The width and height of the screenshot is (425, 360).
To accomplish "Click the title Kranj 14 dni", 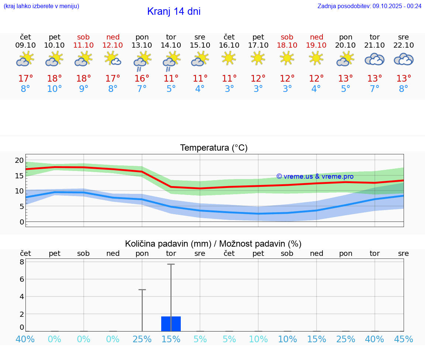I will pos(173,11).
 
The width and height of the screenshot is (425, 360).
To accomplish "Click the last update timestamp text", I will pos(369,6).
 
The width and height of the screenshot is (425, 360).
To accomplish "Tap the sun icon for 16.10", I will pos(229,58).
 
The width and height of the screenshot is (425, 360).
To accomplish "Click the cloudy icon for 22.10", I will pos(404,59).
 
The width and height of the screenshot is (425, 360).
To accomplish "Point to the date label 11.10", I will pos(83,45).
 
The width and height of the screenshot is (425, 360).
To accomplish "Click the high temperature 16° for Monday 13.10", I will pos(142,79).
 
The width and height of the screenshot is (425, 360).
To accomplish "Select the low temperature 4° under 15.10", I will pos(200,89).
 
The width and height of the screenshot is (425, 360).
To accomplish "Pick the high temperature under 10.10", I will pos(55,79).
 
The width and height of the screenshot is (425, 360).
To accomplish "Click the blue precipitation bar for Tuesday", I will pos(171,324).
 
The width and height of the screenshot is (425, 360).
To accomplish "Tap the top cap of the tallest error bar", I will pos(171,264).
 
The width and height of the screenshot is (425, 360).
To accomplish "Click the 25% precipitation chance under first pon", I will pos(142,339).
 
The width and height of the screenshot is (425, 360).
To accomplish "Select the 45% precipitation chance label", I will pos(404,339).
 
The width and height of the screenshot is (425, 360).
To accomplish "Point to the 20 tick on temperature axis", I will pos(19,160).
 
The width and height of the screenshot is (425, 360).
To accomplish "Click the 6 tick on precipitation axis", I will pos(22,279).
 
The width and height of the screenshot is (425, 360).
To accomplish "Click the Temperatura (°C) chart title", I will pos(214,148).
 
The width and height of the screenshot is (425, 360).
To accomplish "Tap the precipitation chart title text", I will pos(213,244).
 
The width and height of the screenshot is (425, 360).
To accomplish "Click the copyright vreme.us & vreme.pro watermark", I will pos(315,176).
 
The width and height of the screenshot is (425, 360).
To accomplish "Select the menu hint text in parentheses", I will pos(41,6).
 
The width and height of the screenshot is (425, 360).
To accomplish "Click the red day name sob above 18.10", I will pos(287,37).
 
